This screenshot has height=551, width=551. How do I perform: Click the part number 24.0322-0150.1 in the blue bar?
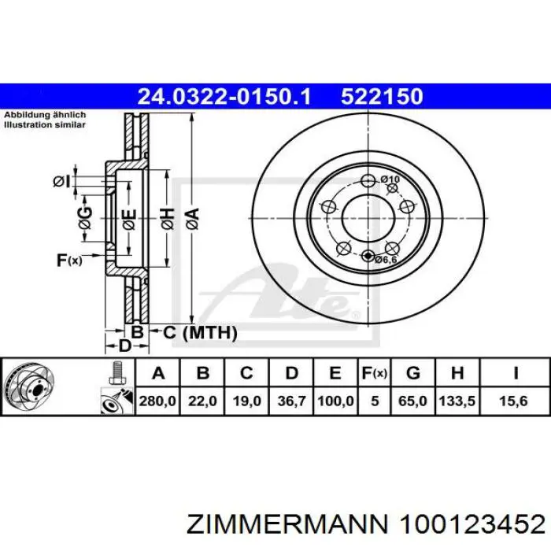tap(224, 96)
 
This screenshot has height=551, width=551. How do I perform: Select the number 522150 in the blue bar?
tap(382, 96)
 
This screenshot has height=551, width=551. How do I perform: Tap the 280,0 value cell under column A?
tap(157, 401)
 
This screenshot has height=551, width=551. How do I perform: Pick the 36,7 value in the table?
tap(292, 401)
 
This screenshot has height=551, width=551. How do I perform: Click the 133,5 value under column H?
tap(457, 401)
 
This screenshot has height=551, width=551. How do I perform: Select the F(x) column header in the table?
tap(375, 373)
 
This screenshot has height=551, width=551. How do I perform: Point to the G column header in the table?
tap(413, 373)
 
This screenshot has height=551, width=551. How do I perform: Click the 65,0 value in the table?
tap(412, 401)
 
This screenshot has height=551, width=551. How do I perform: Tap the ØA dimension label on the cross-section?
tap(193, 219)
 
